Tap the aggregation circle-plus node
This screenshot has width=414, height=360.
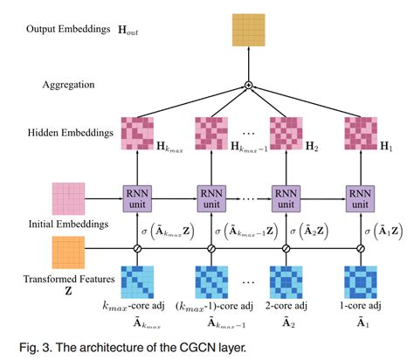(x=248, y=85)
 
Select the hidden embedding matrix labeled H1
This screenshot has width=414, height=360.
(x=361, y=132)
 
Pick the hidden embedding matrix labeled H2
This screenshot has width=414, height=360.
(x=286, y=132)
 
